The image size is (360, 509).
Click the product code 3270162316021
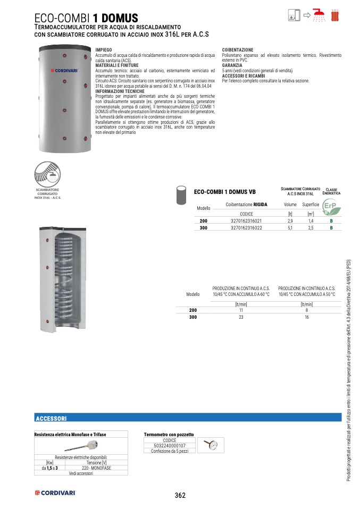coord(246,220)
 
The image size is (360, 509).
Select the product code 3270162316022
coord(246,227)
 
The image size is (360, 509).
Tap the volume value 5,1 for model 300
coord(290,227)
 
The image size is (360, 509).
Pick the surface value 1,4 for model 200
coord(311,220)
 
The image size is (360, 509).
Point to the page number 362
coord(180,496)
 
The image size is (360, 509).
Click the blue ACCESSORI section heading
coord(51,418)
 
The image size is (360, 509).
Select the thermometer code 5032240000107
coord(170,446)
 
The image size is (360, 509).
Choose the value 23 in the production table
coord(241,317)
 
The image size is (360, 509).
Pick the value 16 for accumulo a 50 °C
coord(307,317)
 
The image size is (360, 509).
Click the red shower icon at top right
coord(319,15)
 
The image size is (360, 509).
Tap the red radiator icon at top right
coord(335,15)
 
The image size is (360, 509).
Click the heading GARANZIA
coord(232,65)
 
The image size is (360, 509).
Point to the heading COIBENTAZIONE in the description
coord(237,49)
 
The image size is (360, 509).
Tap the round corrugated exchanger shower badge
coord(48,173)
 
